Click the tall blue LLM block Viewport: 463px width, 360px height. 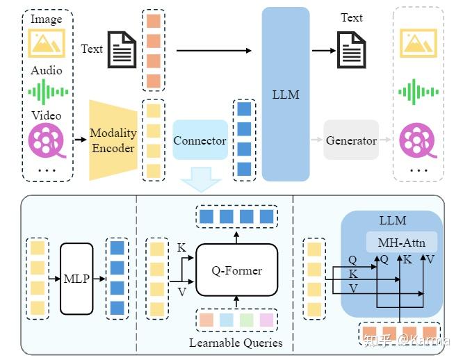285,93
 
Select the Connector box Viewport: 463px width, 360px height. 200,140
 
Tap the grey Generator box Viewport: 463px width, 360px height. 351,140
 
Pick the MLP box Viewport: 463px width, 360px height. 76,279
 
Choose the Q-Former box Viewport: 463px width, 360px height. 236,269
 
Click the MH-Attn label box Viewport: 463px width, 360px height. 402,243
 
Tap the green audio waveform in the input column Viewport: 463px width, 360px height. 47,91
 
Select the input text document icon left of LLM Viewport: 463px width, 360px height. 122,49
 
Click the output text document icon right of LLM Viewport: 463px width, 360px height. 352,50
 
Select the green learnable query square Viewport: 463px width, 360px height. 246,320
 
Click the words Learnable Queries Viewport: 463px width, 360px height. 236,343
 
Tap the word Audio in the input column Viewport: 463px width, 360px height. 47,70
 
